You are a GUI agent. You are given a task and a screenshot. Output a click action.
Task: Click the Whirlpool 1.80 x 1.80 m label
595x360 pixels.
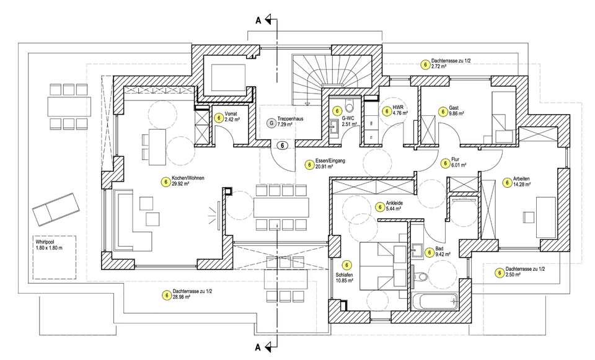click(54, 244)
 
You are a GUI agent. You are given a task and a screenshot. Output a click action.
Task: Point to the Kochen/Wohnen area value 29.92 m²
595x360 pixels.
click(189, 185)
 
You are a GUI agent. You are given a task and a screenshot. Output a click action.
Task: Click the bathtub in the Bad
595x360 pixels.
click(434, 302)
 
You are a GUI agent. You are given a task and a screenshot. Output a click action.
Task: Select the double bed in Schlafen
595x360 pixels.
click(382, 263)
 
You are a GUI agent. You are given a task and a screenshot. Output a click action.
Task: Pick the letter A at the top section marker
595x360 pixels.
click(258, 20)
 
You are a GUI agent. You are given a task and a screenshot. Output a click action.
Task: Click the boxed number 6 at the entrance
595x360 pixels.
click(283, 146)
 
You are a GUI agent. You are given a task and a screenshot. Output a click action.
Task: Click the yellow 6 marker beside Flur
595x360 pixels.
click(444, 164)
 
